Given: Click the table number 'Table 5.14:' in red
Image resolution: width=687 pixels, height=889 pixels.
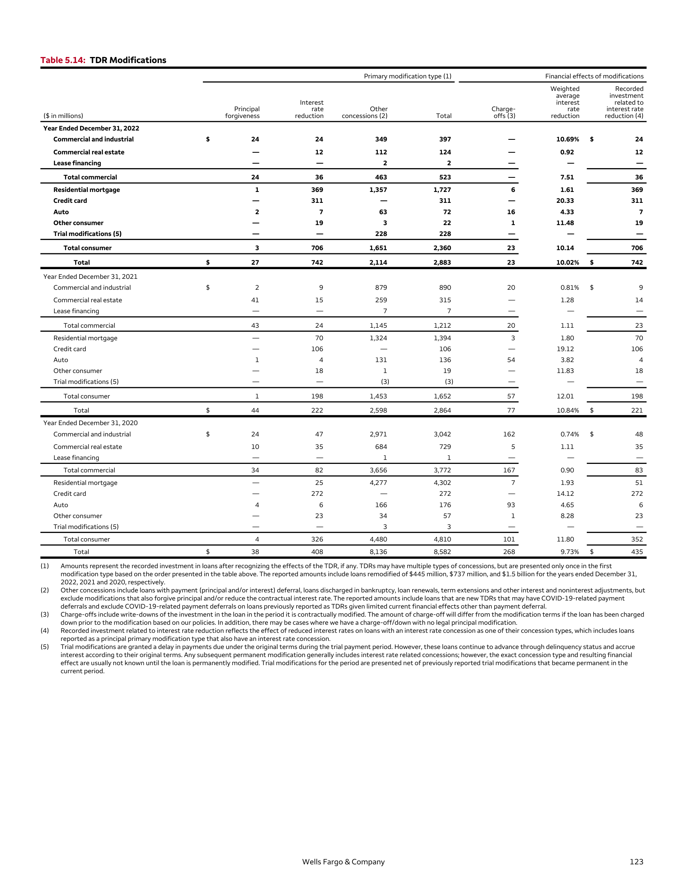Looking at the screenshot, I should tap(63, 60).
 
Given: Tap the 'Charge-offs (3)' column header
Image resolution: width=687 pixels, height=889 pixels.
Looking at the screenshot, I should tap(504, 112).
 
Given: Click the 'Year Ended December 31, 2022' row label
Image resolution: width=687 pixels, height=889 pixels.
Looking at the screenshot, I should tap(91, 128).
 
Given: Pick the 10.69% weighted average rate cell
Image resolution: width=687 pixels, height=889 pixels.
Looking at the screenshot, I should tap(567, 139).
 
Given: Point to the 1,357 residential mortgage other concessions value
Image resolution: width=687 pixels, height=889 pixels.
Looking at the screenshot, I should tap(378, 190).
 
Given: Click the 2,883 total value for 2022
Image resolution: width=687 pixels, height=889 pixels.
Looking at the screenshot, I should tap(442, 263).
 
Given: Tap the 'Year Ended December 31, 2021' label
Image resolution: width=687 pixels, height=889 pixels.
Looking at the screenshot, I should tap(91, 276).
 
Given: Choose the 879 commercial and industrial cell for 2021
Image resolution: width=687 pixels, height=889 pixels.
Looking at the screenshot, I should tap(381, 287).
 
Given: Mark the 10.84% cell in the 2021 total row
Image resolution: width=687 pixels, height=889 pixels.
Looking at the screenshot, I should tap(567, 410).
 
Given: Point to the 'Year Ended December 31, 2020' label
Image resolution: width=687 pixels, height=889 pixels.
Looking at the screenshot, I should tap(91, 423).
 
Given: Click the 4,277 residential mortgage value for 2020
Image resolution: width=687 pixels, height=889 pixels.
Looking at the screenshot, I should tap(378, 483).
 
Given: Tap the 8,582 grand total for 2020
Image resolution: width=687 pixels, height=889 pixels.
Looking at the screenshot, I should tap(442, 552).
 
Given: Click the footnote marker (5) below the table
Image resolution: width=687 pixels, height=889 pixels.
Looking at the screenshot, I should tap(44, 647).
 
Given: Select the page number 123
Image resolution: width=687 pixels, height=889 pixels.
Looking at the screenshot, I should tap(636, 862).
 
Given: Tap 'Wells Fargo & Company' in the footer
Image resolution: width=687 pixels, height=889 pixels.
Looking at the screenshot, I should tap(343, 862).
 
